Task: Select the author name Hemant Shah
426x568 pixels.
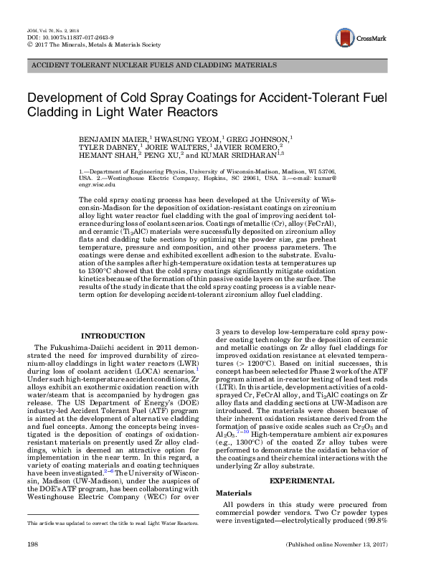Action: (115, 154)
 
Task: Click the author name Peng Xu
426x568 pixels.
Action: (166, 154)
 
